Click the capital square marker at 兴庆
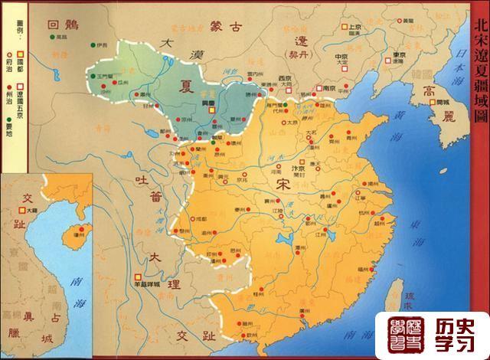[x=212, y=132]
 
